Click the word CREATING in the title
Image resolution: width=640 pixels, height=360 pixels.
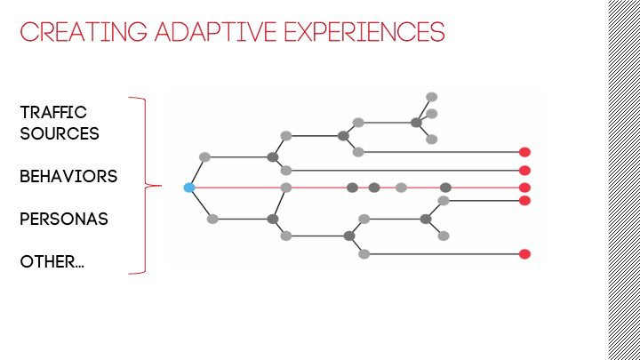pos(73,33)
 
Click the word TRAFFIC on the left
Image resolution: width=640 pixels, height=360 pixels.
pos(53,113)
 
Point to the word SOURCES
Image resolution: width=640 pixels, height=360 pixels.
pos(60,134)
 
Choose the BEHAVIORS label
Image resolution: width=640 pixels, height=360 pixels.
pos(68,176)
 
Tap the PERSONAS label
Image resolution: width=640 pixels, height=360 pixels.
pos(64,219)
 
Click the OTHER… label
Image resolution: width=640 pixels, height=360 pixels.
pos(52,261)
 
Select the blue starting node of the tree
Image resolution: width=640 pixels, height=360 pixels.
pos(188,188)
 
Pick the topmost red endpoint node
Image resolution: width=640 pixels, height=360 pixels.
pos(524,152)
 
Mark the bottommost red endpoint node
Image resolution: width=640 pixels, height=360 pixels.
pos(524,254)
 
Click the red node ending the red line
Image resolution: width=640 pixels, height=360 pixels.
pos(524,188)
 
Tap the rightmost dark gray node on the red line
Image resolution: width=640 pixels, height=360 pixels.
pos(445,188)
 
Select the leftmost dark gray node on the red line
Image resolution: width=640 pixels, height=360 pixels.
pos(352,188)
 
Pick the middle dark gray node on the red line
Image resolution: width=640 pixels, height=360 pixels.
pos(374,188)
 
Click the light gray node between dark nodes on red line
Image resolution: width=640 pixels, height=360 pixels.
pos(401,188)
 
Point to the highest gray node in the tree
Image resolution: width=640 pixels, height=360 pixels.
pos(431,97)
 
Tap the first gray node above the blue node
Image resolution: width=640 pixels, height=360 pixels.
pos(204,157)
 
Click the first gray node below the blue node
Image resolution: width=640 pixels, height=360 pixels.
pos(212,219)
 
